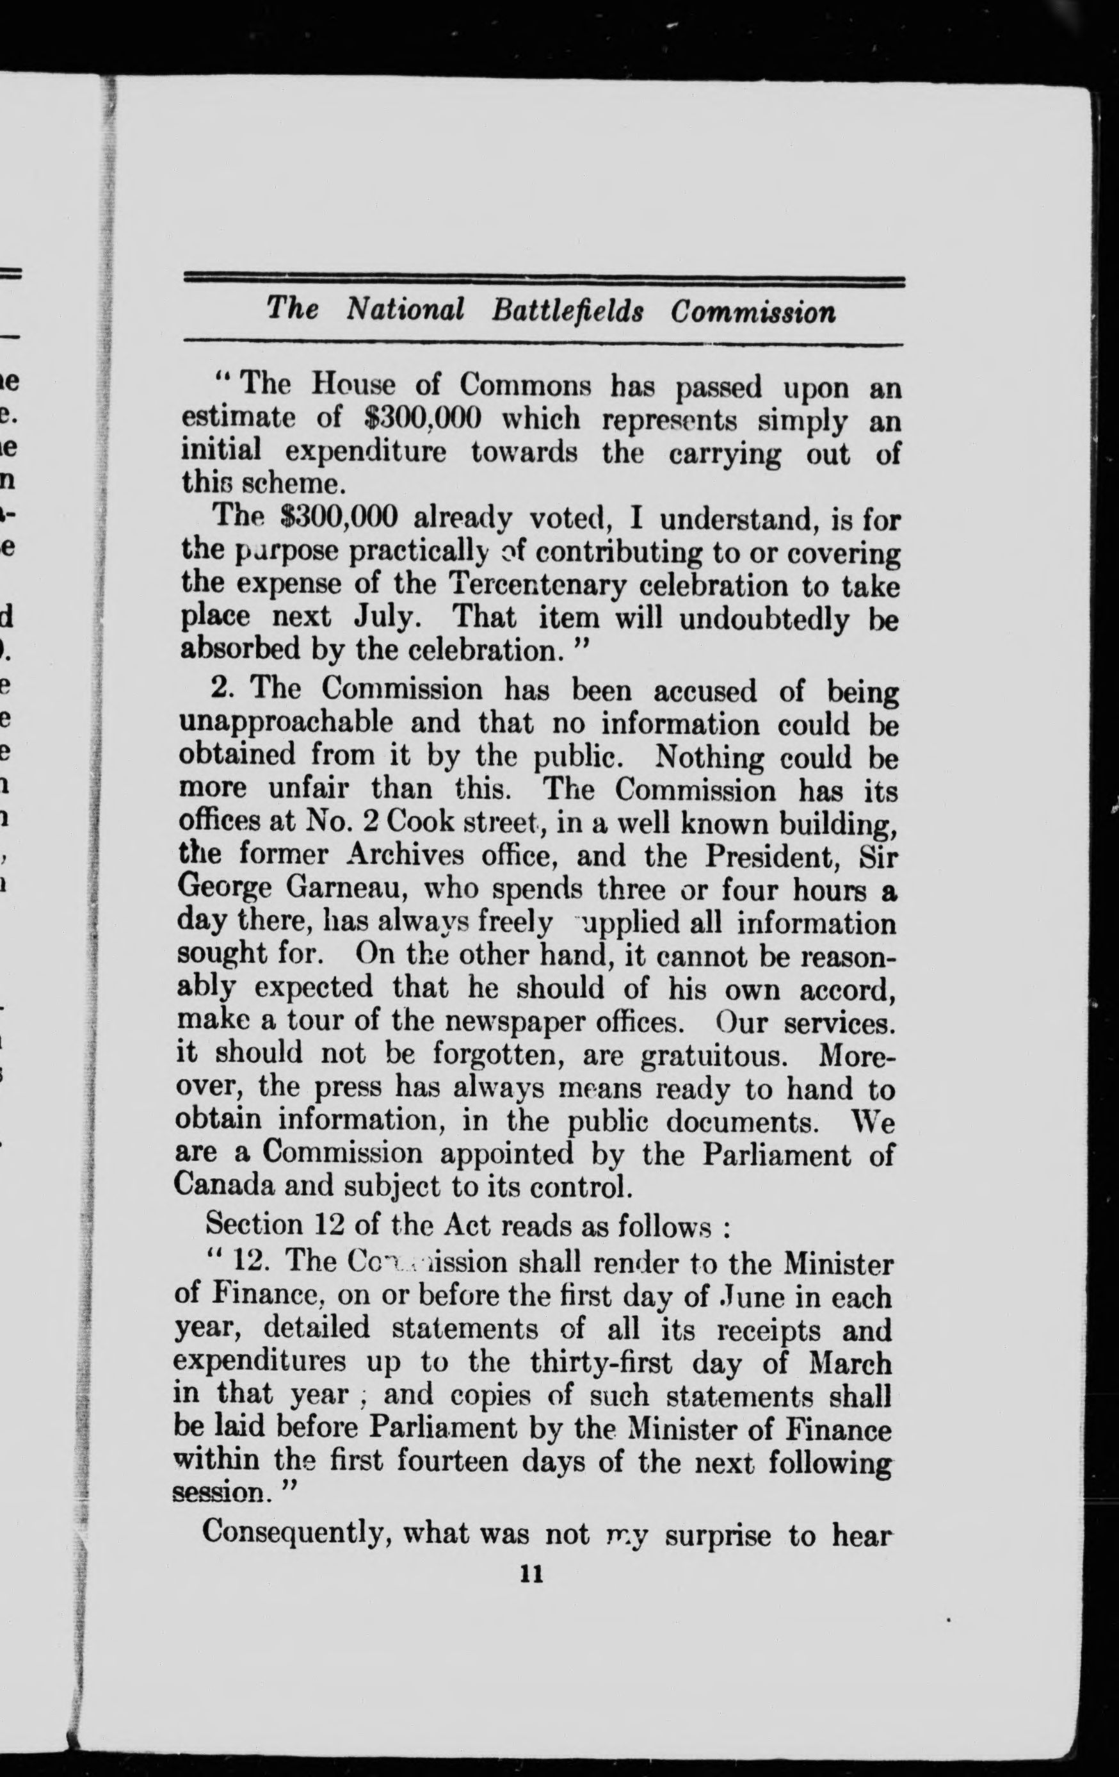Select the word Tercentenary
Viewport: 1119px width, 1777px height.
[x=537, y=586]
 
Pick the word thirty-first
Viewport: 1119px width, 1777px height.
[x=596, y=1364]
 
